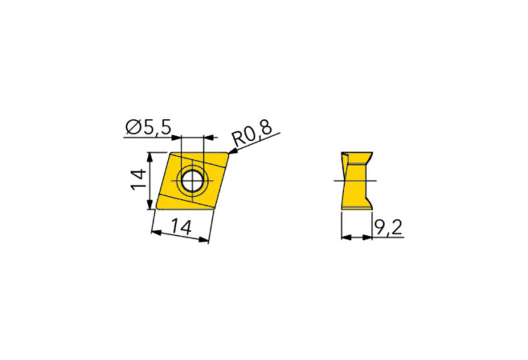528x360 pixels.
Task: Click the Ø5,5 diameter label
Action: [149, 127]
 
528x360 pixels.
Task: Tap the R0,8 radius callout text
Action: [252, 134]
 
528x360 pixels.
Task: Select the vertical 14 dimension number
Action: [138, 180]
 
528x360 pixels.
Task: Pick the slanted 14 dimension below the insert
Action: [182, 226]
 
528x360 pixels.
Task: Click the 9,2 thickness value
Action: [388, 228]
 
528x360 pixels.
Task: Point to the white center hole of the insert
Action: [192, 180]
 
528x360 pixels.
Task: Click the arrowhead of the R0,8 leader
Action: [233, 153]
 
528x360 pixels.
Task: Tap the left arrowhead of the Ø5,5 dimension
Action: [176, 138]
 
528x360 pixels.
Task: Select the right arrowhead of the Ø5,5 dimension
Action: [209, 138]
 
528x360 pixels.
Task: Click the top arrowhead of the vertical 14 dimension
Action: [150, 157]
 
